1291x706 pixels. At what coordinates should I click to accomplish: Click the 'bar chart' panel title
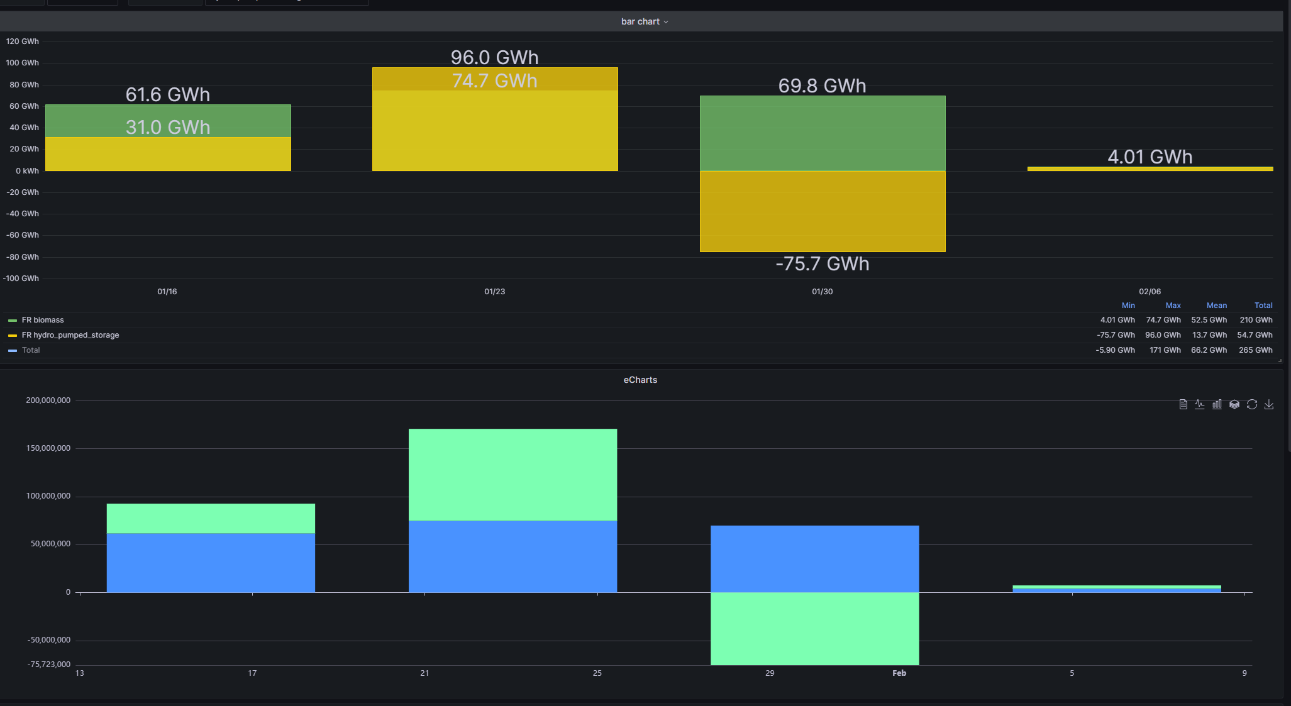(x=640, y=21)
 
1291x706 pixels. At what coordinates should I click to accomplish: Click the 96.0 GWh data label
(x=494, y=58)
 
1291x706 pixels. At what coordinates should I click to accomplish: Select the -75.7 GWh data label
(x=822, y=264)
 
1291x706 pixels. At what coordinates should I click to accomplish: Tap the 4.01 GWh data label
(x=1150, y=157)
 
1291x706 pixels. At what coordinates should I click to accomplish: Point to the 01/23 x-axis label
(x=494, y=292)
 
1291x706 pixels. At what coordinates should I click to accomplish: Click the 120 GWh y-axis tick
(x=23, y=41)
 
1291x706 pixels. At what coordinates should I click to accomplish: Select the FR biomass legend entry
(x=42, y=320)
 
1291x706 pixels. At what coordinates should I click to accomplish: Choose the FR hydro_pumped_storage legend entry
(x=70, y=335)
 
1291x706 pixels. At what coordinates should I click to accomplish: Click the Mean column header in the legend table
(x=1216, y=306)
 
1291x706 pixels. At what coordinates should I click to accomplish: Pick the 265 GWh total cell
(x=1255, y=350)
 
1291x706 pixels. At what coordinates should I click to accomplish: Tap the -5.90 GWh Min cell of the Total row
(x=1115, y=350)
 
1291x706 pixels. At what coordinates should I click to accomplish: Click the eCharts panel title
(x=640, y=380)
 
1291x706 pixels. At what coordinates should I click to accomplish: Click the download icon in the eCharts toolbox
(x=1269, y=404)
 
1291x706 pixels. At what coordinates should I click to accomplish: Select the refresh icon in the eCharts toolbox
(x=1251, y=404)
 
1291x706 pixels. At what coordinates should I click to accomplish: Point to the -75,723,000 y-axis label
(x=49, y=665)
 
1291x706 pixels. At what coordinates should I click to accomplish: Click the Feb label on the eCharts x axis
(x=899, y=673)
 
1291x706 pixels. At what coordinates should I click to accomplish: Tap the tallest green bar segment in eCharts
(x=513, y=475)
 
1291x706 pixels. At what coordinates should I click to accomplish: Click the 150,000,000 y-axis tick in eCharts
(x=48, y=448)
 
